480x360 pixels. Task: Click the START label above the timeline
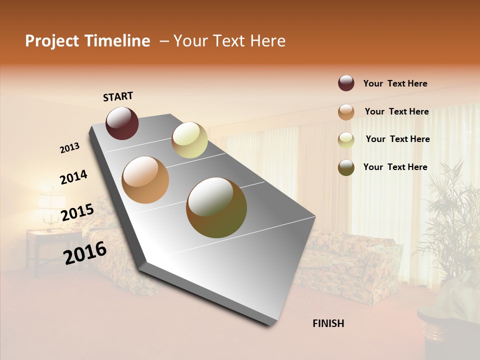(x=118, y=96)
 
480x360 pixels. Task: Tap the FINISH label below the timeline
(x=328, y=323)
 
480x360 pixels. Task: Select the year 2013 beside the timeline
(x=70, y=148)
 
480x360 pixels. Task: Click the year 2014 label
(x=73, y=177)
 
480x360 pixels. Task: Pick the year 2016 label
(x=85, y=252)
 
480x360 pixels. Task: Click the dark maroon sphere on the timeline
(x=122, y=123)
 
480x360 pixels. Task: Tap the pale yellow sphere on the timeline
(x=189, y=140)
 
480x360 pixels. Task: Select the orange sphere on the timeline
(x=145, y=180)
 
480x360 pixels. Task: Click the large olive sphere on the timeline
(x=216, y=207)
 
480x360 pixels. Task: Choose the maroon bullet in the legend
(x=346, y=83)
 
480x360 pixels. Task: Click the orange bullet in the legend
(x=346, y=111)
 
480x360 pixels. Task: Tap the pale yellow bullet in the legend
(x=346, y=139)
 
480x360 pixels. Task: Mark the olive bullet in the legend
(x=346, y=167)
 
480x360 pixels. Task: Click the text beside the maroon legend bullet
(x=395, y=83)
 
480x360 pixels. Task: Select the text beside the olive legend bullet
(x=395, y=167)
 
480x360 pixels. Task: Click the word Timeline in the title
(x=117, y=41)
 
